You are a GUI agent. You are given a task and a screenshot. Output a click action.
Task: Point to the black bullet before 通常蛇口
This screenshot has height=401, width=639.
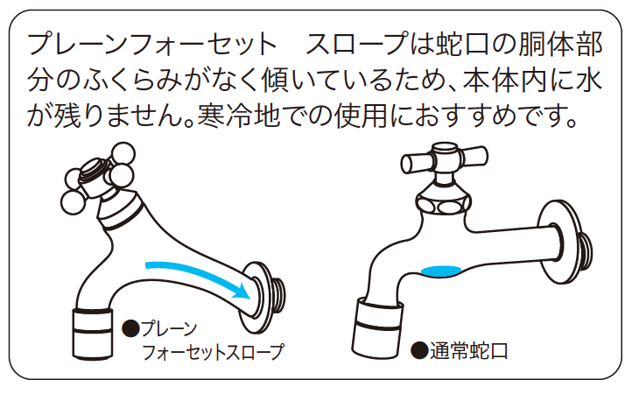(x=419, y=352)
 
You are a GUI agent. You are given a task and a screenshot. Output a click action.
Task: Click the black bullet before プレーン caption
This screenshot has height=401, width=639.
(x=131, y=329)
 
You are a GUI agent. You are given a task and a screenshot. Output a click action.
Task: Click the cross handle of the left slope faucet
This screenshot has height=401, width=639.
(x=92, y=175)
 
